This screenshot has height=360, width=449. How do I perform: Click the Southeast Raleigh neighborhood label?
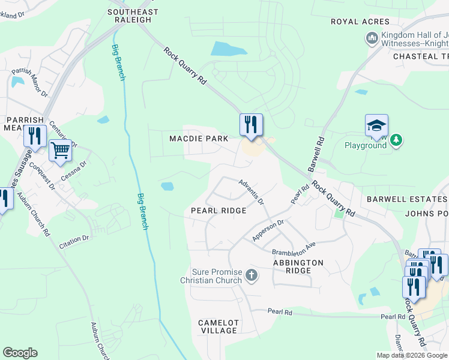[x=133, y=16]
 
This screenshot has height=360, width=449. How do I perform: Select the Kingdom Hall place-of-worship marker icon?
[x=372, y=38]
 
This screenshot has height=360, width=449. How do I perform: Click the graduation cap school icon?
[x=376, y=126]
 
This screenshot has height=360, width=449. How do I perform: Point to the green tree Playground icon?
[x=396, y=140]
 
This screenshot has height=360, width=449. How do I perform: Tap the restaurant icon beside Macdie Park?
[x=251, y=125]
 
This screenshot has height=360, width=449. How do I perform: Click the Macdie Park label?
[x=199, y=139]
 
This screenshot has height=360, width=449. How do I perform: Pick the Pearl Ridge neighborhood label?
[x=218, y=211]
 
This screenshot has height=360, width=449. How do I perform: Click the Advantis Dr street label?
[x=251, y=191]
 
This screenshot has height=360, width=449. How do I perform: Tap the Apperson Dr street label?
[x=267, y=230]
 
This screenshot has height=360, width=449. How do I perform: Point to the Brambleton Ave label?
[x=294, y=249]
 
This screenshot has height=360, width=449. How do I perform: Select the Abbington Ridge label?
[x=298, y=267]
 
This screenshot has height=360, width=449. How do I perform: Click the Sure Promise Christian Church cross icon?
[x=252, y=276]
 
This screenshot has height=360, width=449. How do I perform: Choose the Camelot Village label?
[x=218, y=326]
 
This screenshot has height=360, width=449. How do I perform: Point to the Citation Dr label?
[x=74, y=241]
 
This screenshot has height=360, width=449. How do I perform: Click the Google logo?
[x=20, y=353]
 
